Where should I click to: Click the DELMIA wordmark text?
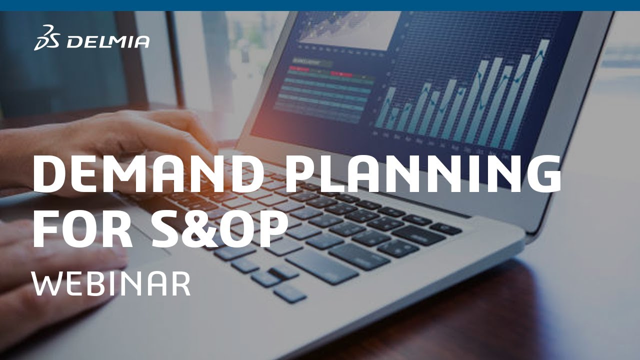pos(107,42)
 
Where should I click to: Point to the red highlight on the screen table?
pos(341,74)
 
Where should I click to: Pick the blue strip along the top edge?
pos(320,5)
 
